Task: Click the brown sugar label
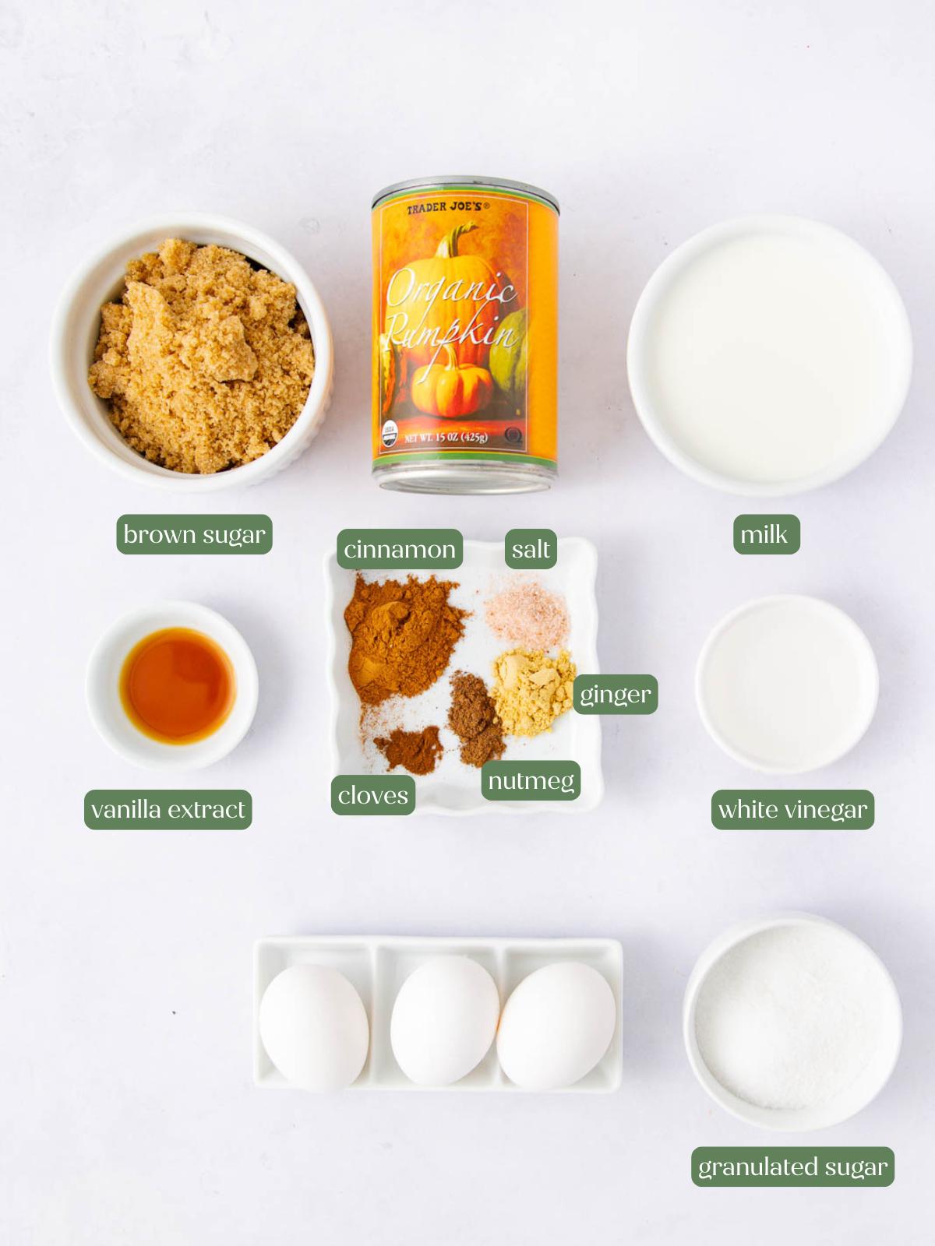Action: tap(194, 534)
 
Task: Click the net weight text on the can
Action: tap(446, 438)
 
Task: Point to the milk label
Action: tap(766, 534)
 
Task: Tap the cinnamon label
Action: tap(400, 549)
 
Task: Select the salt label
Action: tap(531, 549)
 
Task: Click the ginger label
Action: tap(616, 694)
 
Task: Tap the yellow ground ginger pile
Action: tap(531, 689)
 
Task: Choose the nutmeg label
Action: tap(531, 780)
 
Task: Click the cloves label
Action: tap(372, 795)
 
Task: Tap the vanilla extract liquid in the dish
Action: tap(178, 685)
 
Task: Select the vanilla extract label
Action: tap(168, 810)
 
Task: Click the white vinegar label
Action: tap(792, 810)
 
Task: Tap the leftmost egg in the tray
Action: tap(313, 1026)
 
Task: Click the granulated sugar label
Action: tap(792, 1167)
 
